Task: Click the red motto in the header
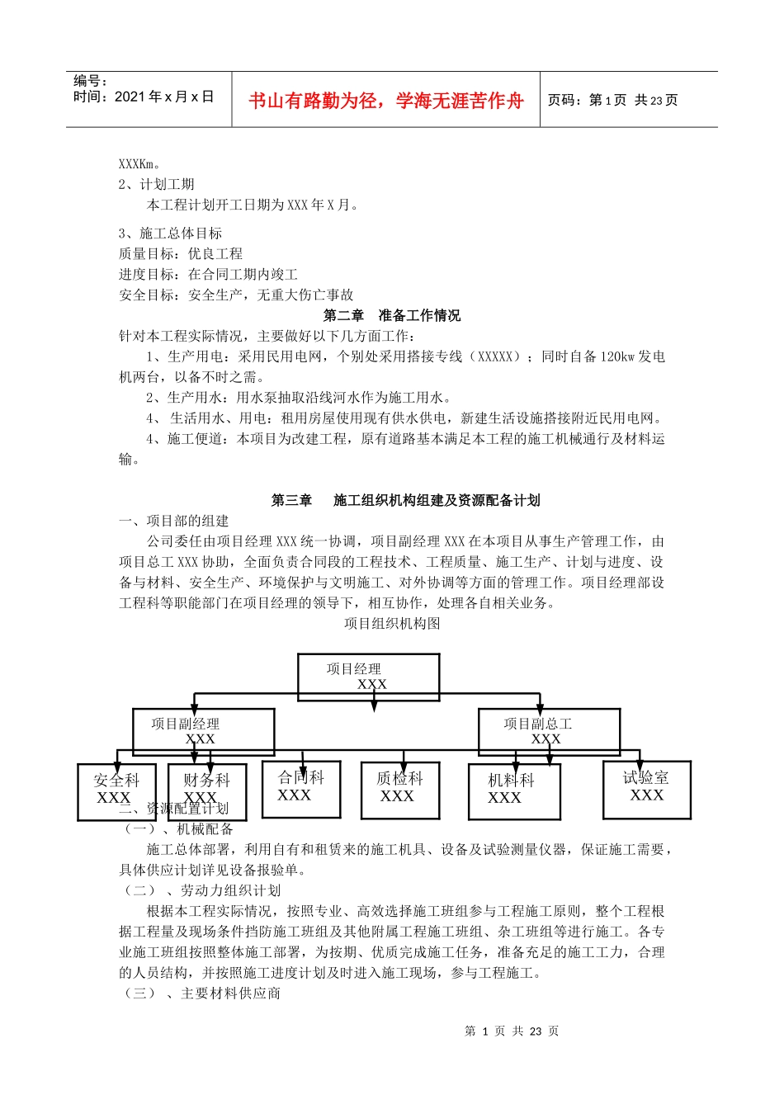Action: pyautogui.click(x=385, y=101)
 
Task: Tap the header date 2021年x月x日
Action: pyautogui.click(x=144, y=97)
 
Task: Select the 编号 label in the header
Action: pyautogui.click(x=91, y=81)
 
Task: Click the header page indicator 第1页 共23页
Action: pyautogui.click(x=612, y=101)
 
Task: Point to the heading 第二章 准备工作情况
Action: pyautogui.click(x=392, y=315)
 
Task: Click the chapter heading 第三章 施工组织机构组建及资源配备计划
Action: pyautogui.click(x=405, y=500)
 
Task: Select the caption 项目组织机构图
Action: pyautogui.click(x=392, y=624)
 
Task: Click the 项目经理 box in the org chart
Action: pyautogui.click(x=368, y=677)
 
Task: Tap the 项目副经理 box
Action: pyautogui.click(x=203, y=731)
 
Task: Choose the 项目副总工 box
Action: pyautogui.click(x=549, y=731)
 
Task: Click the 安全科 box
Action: pyautogui.click(x=116, y=791)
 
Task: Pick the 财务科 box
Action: pyautogui.click(x=206, y=790)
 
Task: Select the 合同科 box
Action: pyautogui.click(x=300, y=788)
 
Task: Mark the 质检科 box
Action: pyautogui.click(x=400, y=789)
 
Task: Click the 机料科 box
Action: pyautogui.click(x=513, y=790)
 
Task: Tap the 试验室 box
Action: pyautogui.click(x=646, y=789)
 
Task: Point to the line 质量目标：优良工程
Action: pyautogui.click(x=181, y=253)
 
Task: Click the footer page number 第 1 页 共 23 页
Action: pyautogui.click(x=512, y=1031)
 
